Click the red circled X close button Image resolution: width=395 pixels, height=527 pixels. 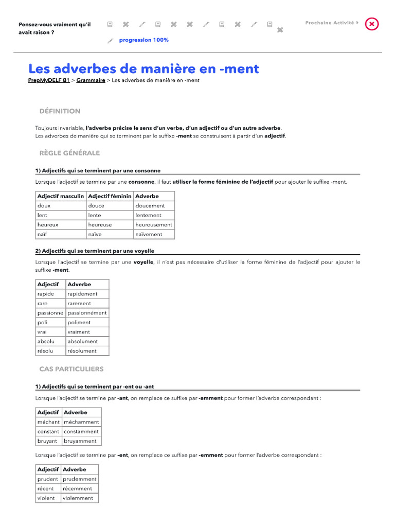(372, 24)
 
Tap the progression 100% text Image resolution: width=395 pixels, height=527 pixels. (143, 40)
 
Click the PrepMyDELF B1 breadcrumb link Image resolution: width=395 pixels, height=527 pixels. (49, 80)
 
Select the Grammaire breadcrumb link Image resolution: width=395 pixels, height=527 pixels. (91, 80)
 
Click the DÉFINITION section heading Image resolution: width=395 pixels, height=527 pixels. (60, 111)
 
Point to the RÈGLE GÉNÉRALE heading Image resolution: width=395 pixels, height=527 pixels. (69, 153)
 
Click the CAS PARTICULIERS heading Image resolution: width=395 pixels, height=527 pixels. (71, 369)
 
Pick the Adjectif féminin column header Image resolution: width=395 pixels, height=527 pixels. (110, 196)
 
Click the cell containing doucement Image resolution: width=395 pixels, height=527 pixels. (150, 206)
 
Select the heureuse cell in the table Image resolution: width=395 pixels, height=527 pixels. (100, 225)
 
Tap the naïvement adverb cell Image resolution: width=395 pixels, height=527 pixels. (149, 234)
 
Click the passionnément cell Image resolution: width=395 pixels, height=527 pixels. (87, 313)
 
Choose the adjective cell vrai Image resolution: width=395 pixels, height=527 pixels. (42, 332)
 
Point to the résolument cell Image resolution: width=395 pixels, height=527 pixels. (82, 351)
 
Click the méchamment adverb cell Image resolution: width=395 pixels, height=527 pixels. (81, 422)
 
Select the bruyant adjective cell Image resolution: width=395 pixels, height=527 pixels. (47, 441)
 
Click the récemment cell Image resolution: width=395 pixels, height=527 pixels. (77, 488)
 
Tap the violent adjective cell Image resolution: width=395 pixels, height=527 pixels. (46, 498)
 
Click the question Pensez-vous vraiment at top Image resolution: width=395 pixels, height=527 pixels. (55, 28)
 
